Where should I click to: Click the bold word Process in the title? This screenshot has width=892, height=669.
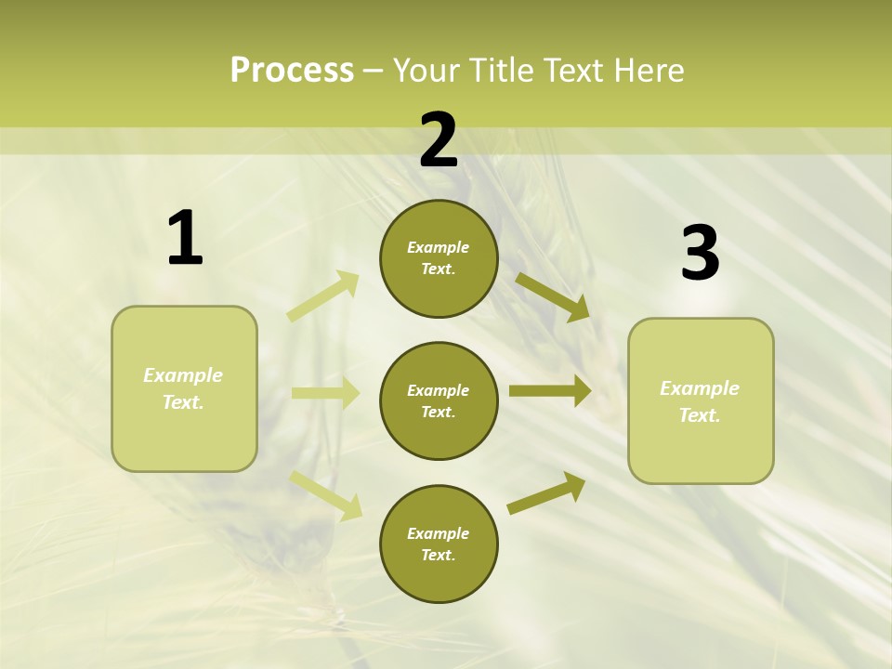(292, 71)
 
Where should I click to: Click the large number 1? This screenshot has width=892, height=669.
(185, 239)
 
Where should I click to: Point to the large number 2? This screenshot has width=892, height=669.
(439, 140)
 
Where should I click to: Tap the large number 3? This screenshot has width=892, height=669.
(700, 254)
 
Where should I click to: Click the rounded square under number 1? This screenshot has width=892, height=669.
(184, 388)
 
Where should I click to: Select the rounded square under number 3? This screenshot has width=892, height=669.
(701, 400)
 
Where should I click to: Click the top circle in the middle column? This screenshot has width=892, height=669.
(439, 258)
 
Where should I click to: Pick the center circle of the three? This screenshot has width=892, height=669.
(439, 400)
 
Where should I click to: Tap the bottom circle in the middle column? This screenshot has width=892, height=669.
(439, 544)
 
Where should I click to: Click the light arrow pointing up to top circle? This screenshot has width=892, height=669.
(323, 296)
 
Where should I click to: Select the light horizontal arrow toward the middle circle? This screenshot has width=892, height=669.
(325, 393)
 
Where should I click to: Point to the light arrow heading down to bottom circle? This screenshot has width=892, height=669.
(325, 494)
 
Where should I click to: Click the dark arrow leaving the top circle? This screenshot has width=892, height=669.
(553, 296)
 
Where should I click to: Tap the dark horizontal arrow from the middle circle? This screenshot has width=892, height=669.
(550, 390)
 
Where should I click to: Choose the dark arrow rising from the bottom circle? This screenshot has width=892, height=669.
(547, 492)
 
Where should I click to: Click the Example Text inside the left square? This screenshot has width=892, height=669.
(183, 388)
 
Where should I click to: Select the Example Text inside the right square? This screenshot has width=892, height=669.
(700, 401)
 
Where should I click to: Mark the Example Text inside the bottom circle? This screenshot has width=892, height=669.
(439, 544)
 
